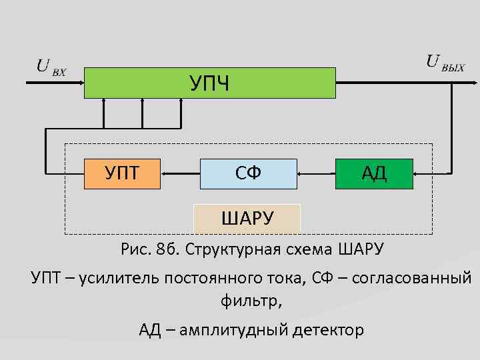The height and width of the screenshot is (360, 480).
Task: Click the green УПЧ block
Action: [209, 83]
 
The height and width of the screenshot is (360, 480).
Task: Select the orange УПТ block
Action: [122, 173]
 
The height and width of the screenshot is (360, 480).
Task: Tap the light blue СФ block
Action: [248, 173]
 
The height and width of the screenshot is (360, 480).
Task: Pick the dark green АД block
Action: [374, 173]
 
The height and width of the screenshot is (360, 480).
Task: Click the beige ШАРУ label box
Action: [247, 217]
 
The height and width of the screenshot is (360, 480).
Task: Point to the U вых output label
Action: [445, 63]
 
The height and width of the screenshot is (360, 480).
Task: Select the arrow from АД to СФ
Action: [316, 173]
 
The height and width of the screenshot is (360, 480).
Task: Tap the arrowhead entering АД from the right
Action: [417, 173]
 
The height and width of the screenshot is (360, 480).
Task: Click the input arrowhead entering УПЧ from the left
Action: [79, 83]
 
